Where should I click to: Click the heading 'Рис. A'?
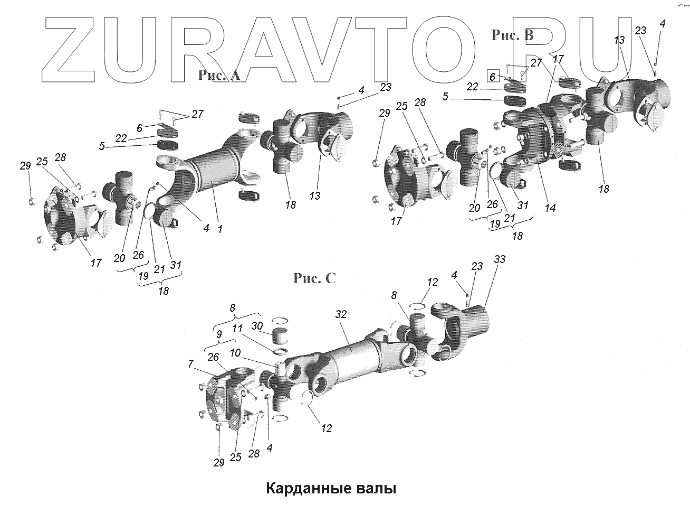[x=219, y=76]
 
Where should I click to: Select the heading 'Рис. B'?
[x=512, y=35]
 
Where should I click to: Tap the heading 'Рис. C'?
[x=314, y=278]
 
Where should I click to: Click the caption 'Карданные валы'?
[x=330, y=488]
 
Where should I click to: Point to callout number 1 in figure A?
[x=220, y=229]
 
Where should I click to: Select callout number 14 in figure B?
[x=550, y=208]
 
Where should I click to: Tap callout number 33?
[x=500, y=260]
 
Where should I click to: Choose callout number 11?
[x=237, y=328]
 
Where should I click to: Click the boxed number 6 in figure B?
[x=492, y=77]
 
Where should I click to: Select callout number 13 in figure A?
[x=315, y=196]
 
